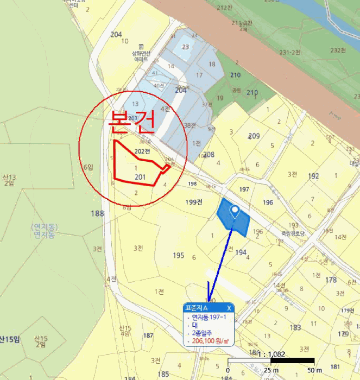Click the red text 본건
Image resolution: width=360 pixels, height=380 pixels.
pyautogui.click(x=133, y=122)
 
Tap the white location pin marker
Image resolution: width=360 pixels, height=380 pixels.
pyautogui.click(x=235, y=211)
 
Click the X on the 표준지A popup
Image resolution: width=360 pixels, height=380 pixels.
pyautogui.click(x=229, y=308)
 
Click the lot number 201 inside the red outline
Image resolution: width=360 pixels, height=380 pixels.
pyautogui.click(x=140, y=177)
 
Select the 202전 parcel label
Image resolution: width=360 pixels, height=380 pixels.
pyautogui.click(x=142, y=151)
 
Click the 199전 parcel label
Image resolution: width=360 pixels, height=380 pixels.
pyautogui.click(x=194, y=202)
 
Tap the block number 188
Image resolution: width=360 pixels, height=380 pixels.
pyautogui.click(x=97, y=213)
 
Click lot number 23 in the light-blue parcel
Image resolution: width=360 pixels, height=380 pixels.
pyautogui.click(x=186, y=47)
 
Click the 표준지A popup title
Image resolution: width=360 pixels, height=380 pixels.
pyautogui.click(x=198, y=308)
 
